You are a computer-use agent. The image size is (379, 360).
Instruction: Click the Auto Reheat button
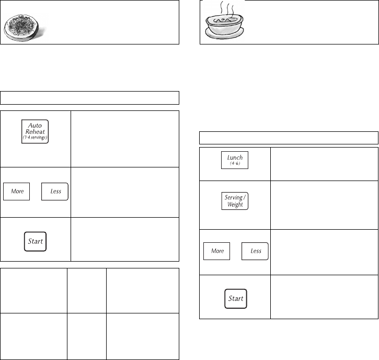[x=36, y=131]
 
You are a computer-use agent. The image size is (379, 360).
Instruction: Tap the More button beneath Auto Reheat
[x=18, y=191]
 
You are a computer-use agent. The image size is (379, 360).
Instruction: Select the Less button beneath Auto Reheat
[x=55, y=191]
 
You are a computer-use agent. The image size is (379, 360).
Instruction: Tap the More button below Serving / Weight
[x=217, y=251]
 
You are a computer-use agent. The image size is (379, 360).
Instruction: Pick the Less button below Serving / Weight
[x=256, y=251]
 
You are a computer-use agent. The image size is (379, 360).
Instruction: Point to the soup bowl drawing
[x=226, y=26]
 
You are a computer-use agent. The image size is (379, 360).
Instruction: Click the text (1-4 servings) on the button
[x=36, y=138]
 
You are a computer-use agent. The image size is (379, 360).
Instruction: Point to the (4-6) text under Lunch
[x=235, y=163]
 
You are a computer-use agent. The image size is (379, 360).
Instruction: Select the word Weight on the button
[x=235, y=204]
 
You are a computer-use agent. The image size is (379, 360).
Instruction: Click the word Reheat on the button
[x=36, y=132]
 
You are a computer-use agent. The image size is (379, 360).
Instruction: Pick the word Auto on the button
[x=36, y=125]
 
